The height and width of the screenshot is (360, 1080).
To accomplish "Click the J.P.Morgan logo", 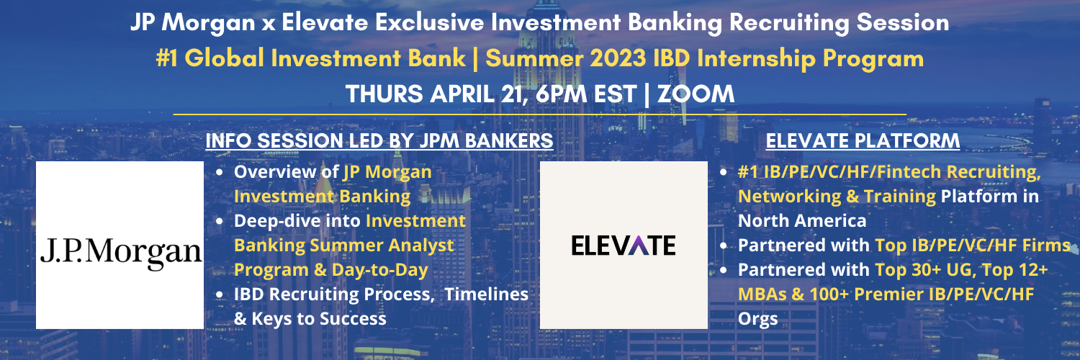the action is coord(120,246).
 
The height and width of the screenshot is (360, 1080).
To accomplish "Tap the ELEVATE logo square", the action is coord(624,246).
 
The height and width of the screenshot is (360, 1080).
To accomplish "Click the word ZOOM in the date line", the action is coord(696,94).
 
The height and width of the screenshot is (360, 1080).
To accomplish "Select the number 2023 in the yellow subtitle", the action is coord(618,58).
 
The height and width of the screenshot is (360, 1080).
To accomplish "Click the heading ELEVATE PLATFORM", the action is coord(863,140).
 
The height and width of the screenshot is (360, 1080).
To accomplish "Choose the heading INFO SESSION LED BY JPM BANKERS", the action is coord(379,140).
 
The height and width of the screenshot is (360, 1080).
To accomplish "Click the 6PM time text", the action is coord(562,94).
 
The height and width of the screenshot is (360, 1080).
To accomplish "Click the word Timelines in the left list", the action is coord(486,294).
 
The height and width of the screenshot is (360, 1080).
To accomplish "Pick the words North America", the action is coord(802,221).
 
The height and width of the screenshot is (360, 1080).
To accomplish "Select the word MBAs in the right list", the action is coord(762,294).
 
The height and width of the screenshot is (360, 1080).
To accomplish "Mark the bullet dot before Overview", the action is coord(220,173).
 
